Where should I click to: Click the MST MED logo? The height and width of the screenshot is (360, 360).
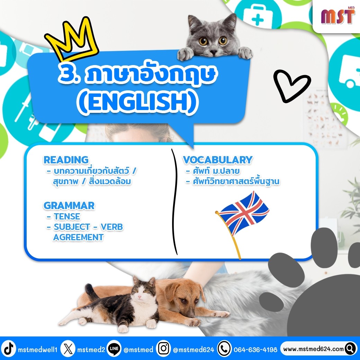tap(338, 16)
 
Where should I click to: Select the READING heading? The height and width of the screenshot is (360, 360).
tap(66, 160)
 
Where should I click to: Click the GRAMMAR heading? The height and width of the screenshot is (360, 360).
tap(69, 206)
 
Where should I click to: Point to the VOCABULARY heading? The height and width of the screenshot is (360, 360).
tap(218, 160)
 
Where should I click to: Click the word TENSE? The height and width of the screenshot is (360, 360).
tap(67, 216)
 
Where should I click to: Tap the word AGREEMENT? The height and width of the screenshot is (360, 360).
tap(78, 237)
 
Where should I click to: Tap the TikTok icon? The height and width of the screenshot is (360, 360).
tap(9, 349)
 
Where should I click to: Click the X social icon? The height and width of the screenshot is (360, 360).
tap(68, 349)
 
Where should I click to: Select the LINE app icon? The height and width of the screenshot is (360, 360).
tap(114, 349)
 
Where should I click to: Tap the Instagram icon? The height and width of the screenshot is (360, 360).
tap(163, 349)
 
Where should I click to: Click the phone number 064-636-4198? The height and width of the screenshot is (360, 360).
tap(255, 349)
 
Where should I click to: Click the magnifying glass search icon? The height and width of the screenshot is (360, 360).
tap(350, 349)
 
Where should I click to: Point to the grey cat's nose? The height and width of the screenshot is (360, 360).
tap(213, 51)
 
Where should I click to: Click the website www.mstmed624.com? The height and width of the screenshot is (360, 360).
tap(313, 349)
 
